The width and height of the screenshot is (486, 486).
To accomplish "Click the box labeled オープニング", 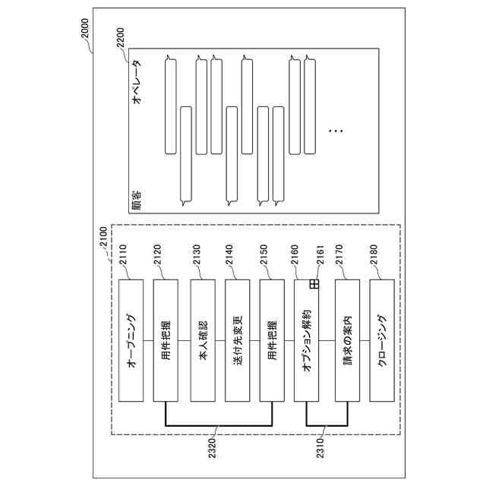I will (x=131, y=341).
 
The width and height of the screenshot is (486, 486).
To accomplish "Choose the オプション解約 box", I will (x=307, y=341).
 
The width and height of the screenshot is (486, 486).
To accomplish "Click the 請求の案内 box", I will (x=347, y=341).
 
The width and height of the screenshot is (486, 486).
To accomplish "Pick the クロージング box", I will (x=382, y=341).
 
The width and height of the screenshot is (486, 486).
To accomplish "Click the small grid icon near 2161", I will (x=313, y=284).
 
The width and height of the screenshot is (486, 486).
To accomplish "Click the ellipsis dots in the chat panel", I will (x=335, y=131).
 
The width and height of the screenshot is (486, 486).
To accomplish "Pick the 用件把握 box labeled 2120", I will (x=167, y=341).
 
